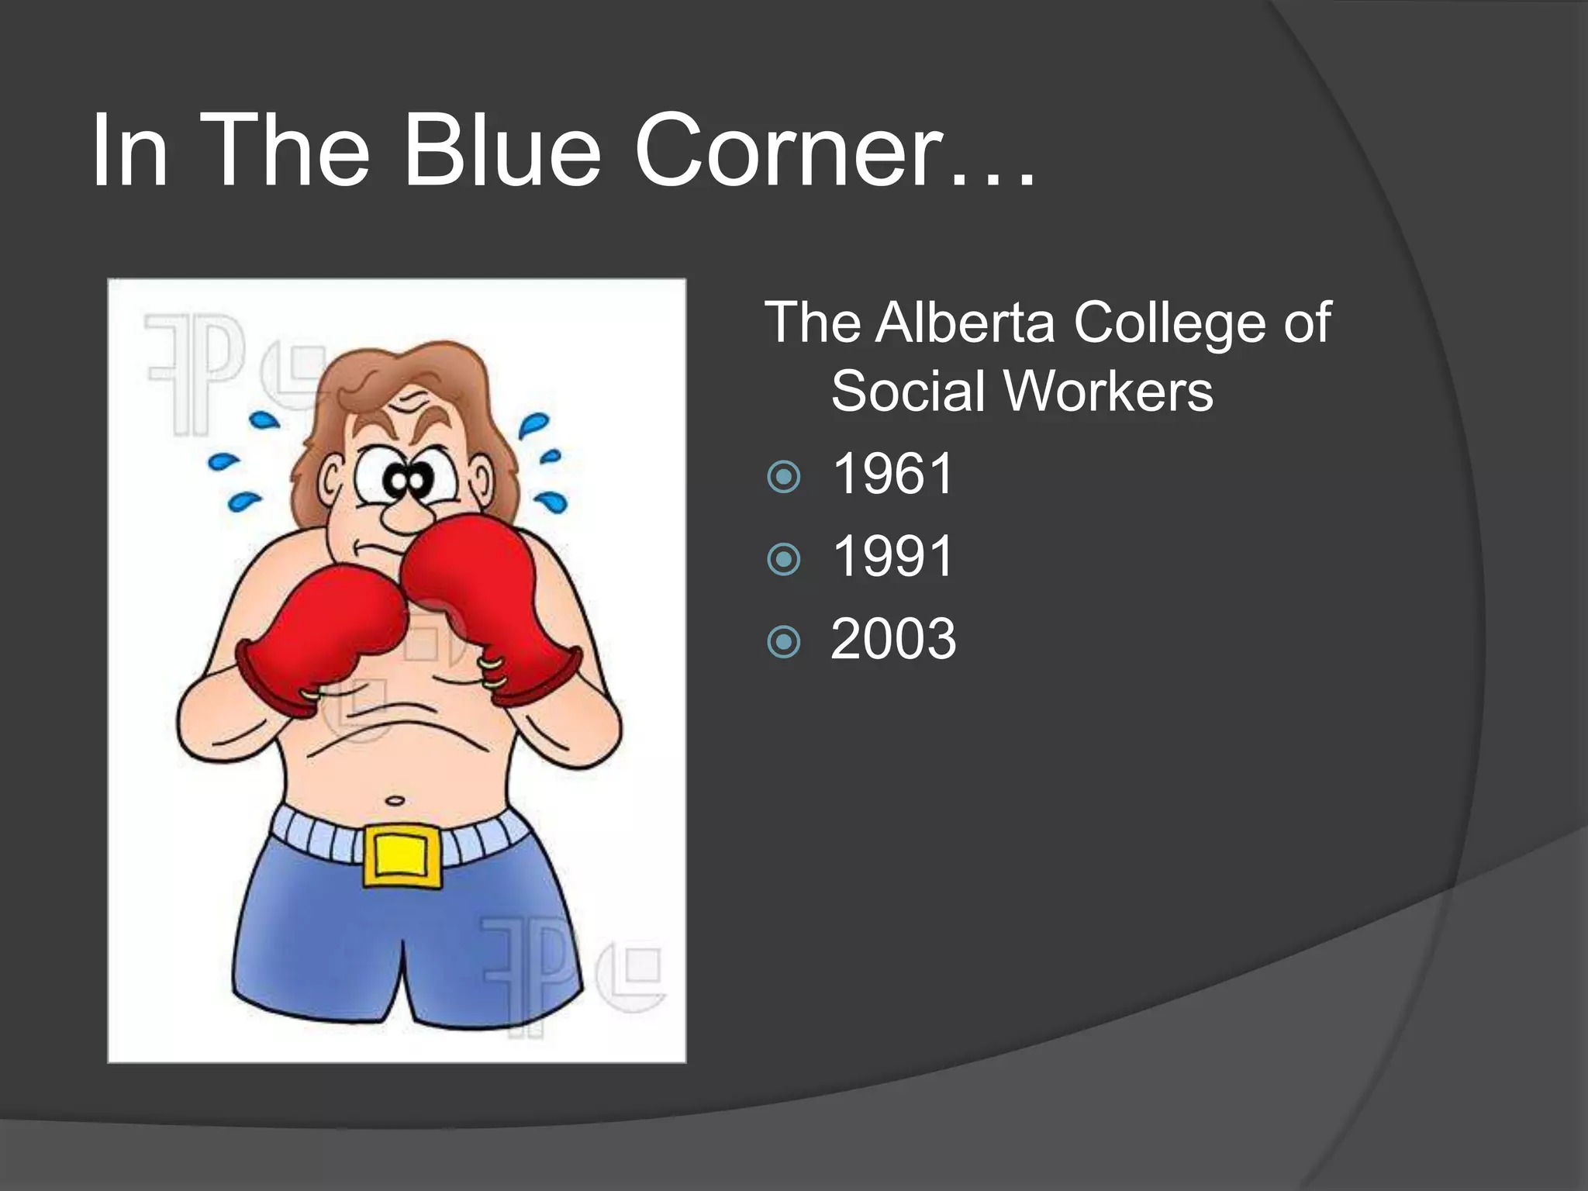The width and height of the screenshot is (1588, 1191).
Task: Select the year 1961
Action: [x=892, y=474]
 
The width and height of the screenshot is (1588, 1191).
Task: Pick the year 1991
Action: [x=892, y=556]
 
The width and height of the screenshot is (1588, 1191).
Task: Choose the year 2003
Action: [x=893, y=639]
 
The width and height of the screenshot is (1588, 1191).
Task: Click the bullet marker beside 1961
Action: [x=783, y=477]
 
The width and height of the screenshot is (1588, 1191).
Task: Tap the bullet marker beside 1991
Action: [x=783, y=559]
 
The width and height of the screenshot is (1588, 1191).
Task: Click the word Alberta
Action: [x=965, y=322]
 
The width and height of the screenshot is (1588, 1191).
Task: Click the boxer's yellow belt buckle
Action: [x=402, y=855]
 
